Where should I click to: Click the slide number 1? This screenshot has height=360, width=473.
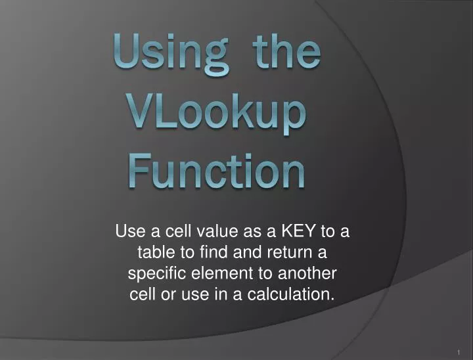coord(458,352)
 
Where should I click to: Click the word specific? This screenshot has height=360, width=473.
coord(158,273)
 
